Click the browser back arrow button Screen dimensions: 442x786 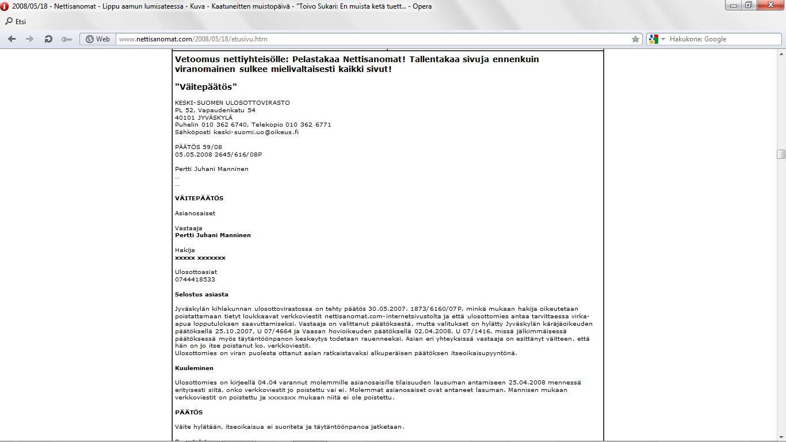12,39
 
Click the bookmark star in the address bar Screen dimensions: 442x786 635,39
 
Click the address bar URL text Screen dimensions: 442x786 193,39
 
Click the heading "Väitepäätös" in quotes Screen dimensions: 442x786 206,86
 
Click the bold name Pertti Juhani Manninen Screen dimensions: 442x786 213,235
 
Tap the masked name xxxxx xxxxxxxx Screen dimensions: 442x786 200,257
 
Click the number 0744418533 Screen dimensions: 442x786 195,279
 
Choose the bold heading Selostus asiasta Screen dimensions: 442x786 201,294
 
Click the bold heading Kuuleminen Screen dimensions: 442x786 194,368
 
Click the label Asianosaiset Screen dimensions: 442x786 195,213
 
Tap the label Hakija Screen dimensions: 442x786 185,250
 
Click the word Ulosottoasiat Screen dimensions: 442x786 196,272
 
